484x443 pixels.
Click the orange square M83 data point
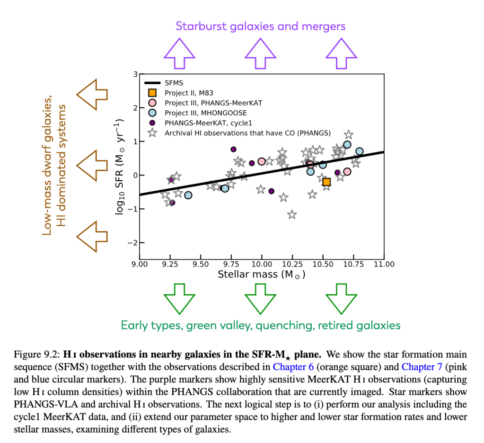(326, 182)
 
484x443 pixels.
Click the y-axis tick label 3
(135, 74)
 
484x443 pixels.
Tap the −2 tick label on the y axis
(133, 243)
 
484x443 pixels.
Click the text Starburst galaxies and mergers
(261, 26)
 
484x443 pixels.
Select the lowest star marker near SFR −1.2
(292, 215)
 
